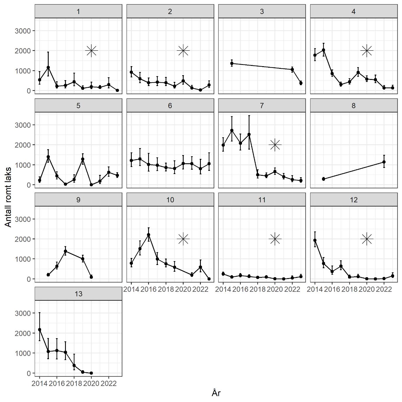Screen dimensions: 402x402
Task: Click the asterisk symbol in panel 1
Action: [91, 51]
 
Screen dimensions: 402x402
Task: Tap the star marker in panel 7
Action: [275, 145]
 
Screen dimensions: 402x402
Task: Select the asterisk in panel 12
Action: [367, 239]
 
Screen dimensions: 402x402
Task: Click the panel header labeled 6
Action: [170, 106]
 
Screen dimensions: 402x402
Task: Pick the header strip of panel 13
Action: [78, 294]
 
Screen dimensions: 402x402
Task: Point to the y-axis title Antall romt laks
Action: [8, 197]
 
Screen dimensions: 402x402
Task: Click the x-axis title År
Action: [216, 393]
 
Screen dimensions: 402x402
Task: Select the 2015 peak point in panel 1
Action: [48, 67]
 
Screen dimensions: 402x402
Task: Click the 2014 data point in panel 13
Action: [40, 330]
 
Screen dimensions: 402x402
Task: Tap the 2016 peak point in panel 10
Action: [149, 235]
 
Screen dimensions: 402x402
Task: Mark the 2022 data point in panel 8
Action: [384, 162]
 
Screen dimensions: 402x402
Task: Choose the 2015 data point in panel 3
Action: [232, 63]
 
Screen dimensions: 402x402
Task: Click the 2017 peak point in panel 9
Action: [66, 251]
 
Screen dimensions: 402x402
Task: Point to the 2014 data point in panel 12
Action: [315, 240]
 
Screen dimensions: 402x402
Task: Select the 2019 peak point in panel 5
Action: [83, 159]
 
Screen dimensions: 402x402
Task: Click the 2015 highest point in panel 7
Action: [232, 130]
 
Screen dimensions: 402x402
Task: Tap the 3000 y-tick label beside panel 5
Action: [23, 125]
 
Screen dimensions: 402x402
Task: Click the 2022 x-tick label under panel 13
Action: [108, 384]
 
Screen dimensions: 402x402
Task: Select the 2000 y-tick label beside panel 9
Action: [23, 239]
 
